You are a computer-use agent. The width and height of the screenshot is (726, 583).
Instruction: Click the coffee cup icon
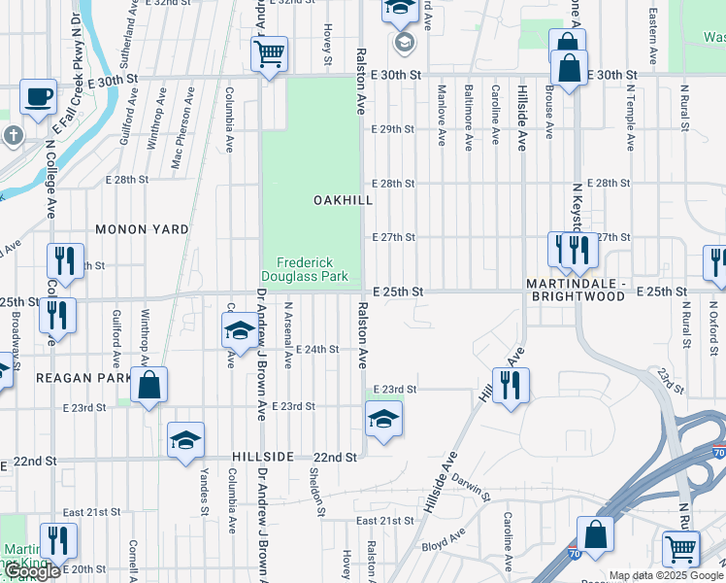tap(38, 97)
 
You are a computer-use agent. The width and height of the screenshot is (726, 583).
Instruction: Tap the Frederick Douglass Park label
tap(313, 269)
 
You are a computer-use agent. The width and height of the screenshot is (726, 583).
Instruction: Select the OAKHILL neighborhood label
tap(343, 199)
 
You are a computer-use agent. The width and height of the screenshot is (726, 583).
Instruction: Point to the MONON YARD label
tap(142, 229)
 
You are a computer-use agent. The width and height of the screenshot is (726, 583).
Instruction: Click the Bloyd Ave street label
tap(444, 542)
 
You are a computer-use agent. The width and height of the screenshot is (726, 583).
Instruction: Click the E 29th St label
tap(393, 129)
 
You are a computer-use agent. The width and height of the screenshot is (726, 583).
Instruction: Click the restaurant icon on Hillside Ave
tap(511, 385)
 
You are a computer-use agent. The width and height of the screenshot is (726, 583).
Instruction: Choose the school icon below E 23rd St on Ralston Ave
tap(383, 419)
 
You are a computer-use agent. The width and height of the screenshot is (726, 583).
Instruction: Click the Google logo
tap(33, 571)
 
